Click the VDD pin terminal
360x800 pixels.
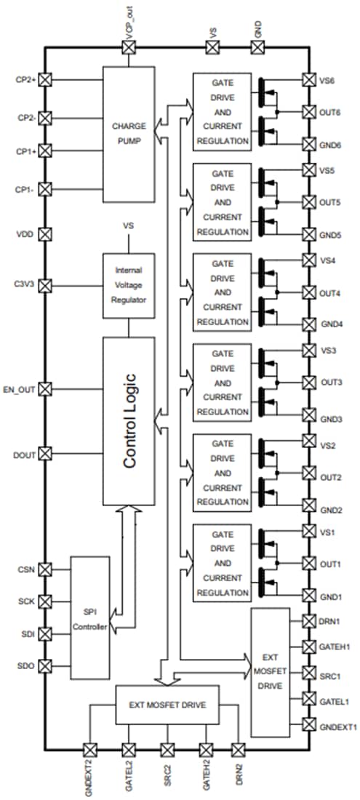pos(45,234)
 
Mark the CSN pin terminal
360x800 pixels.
pos(45,569)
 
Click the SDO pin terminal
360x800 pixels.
pos(45,665)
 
